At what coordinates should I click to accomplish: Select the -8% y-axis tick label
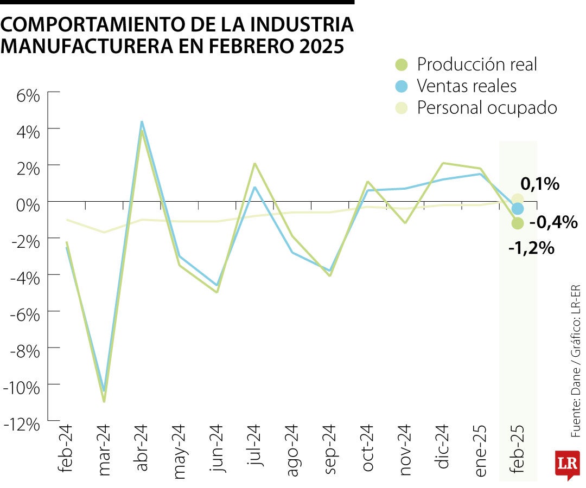pos(25,351)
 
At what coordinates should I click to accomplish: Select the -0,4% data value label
pos(553,222)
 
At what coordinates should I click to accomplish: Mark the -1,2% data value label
pos(531,248)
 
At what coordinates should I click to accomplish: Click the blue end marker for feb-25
pos(518,209)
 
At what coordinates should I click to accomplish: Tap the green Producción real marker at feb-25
pos(518,223)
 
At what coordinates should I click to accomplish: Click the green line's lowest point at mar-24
pos(104,401)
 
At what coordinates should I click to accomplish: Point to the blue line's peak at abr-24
pos(142,122)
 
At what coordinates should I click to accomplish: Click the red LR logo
pos(566,464)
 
